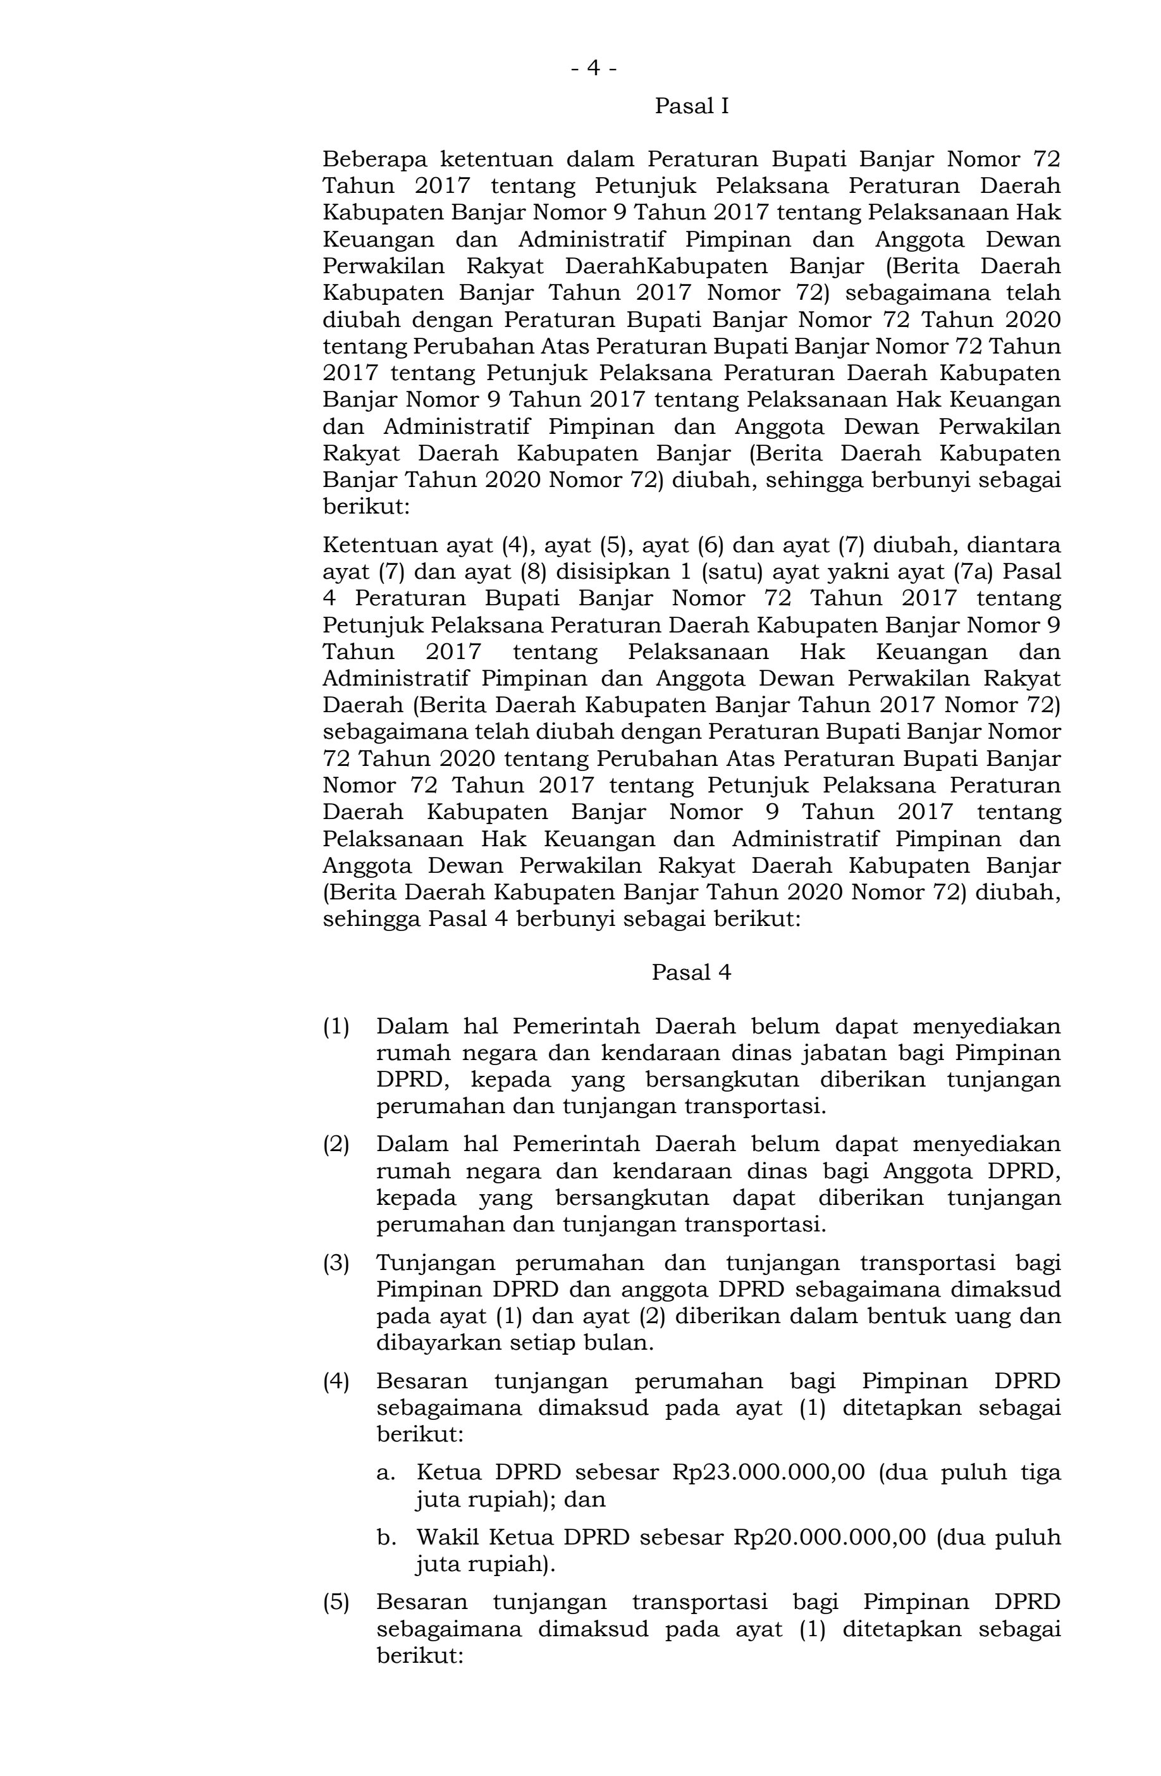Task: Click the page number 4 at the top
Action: coord(593,69)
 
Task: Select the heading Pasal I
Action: coord(691,107)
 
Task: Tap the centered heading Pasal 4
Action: coord(691,972)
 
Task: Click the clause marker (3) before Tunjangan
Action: coord(336,1263)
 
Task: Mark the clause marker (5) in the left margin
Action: coord(336,1602)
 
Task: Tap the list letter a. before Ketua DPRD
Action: coord(385,1472)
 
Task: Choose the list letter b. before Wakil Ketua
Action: coord(385,1538)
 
